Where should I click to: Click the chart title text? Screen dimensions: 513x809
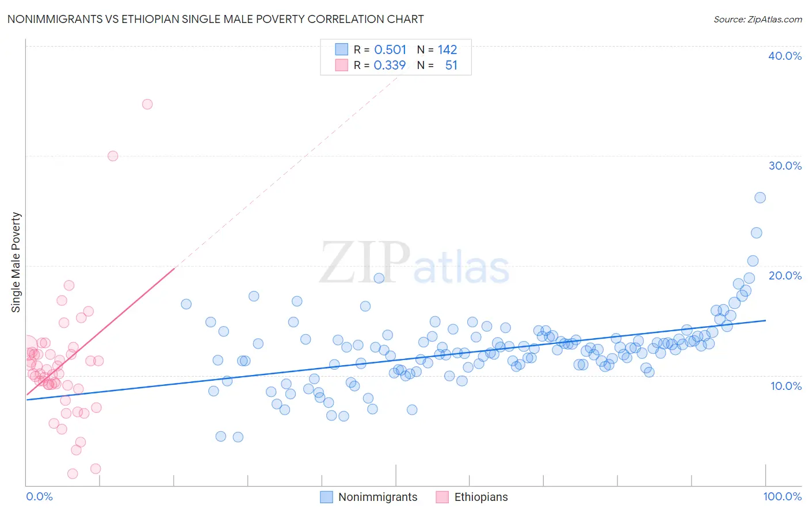215,19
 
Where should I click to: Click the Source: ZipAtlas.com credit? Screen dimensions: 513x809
757,20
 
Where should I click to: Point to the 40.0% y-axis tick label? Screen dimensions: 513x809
785,56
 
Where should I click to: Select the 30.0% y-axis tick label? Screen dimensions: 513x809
785,166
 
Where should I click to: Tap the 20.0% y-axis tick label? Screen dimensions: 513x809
785,275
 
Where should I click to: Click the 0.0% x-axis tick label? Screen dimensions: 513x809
39,496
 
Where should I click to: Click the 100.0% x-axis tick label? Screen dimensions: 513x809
782,496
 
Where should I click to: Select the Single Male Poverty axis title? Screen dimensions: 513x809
16,262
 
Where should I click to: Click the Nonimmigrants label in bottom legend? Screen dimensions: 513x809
377,497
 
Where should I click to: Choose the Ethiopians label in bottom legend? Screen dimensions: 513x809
481,497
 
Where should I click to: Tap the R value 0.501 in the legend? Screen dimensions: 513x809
390,49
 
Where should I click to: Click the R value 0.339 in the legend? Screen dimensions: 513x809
390,65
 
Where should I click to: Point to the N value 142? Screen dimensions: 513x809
447,49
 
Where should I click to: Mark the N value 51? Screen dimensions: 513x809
451,65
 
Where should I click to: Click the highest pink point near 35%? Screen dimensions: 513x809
147,104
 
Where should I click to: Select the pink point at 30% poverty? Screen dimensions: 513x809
113,156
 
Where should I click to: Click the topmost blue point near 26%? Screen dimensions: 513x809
760,197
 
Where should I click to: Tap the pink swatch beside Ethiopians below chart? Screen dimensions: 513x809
442,497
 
